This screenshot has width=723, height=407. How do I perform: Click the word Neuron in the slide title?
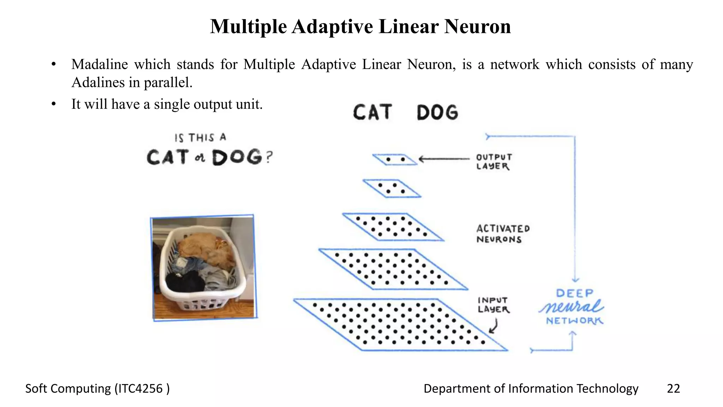point(477,26)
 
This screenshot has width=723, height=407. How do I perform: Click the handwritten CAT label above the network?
point(372,112)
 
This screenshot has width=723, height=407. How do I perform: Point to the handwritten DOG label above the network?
point(437,113)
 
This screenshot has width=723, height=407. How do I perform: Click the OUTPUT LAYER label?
point(494,162)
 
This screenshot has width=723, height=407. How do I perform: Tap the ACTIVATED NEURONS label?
point(503,234)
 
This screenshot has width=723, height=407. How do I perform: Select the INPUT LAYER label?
point(493,305)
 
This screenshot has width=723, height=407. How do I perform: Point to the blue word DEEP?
point(574,293)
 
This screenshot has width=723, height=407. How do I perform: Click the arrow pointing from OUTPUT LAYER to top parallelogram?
point(444,159)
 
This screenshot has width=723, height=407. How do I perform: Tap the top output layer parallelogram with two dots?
point(395,160)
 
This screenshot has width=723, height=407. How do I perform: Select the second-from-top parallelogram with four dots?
point(392,188)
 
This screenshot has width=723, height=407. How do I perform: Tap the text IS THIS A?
point(200,137)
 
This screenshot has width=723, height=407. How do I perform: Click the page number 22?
point(673,389)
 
